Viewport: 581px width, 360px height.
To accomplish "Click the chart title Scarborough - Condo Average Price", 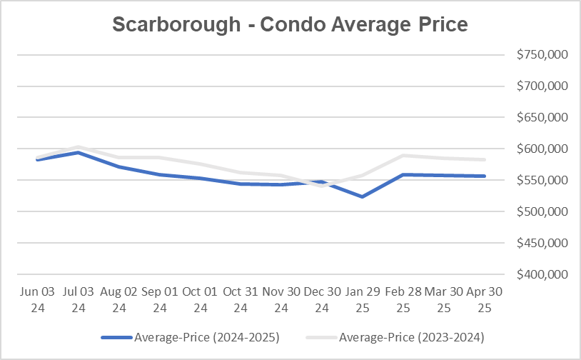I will click(x=290, y=24).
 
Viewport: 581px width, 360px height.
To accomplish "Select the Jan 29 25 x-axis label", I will click(x=363, y=299).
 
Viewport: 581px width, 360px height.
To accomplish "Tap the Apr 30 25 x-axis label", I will click(x=485, y=299).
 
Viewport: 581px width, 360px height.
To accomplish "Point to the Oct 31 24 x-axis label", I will click(x=241, y=299).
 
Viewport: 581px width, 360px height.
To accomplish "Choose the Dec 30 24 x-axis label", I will click(x=323, y=299).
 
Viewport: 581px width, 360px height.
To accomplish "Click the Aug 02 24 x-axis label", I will click(x=118, y=299).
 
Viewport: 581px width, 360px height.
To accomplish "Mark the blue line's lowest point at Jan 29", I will click(x=363, y=196).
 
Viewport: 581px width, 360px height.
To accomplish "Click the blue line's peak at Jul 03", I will click(x=78, y=152).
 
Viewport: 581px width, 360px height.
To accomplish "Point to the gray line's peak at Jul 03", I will click(x=78, y=146).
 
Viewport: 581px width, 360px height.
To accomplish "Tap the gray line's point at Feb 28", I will click(x=404, y=155).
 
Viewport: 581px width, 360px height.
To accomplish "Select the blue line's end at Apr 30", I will click(x=485, y=176).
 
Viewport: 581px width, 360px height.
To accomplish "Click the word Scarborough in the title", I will click(x=176, y=24).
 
